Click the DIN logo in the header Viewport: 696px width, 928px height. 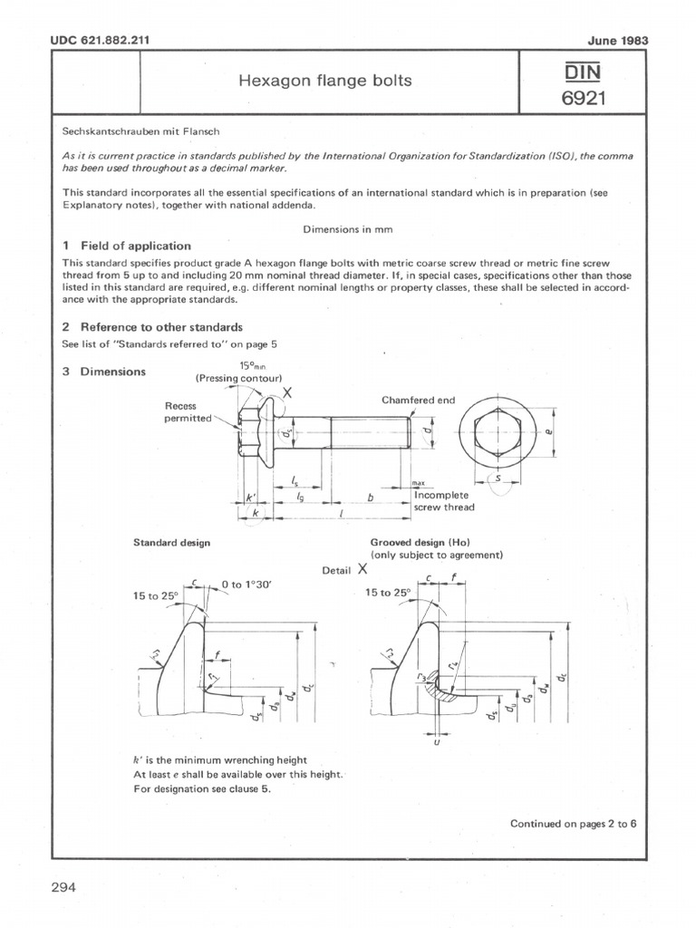pyautogui.click(x=583, y=70)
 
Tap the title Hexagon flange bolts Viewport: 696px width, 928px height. pyautogui.click(x=324, y=81)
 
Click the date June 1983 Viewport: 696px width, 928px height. pyautogui.click(x=623, y=41)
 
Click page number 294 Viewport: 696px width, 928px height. pyautogui.click(x=63, y=885)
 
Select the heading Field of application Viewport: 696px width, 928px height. pyautogui.click(x=136, y=246)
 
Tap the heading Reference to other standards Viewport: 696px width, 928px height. pyautogui.click(x=161, y=327)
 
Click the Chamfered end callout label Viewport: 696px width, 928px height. pyautogui.click(x=419, y=400)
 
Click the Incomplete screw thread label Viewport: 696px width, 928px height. pyautogui.click(x=444, y=501)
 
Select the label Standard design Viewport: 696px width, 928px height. pyautogui.click(x=172, y=542)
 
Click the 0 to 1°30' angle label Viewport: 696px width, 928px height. pyautogui.click(x=246, y=585)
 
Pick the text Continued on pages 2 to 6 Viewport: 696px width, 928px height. pyautogui.click(x=573, y=823)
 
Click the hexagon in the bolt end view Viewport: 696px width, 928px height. pyautogui.click(x=499, y=430)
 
